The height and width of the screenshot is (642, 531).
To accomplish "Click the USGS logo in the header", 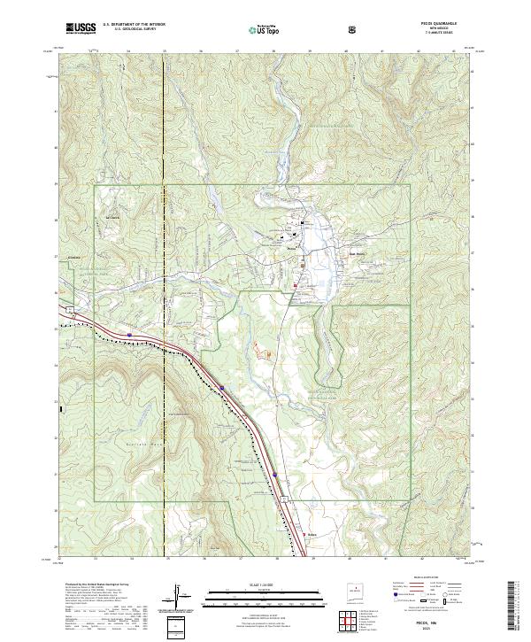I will click(81, 28).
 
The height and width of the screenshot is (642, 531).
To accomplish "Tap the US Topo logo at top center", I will click(266, 29).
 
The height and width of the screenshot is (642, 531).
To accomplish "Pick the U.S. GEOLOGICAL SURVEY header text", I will click(133, 30).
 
